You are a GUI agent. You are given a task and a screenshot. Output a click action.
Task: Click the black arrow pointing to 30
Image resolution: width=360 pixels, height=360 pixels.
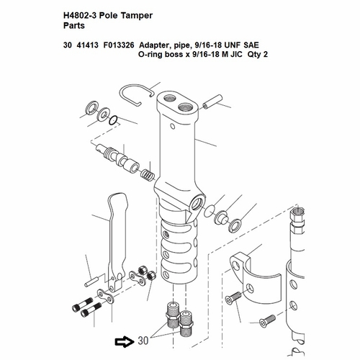pos(125,341)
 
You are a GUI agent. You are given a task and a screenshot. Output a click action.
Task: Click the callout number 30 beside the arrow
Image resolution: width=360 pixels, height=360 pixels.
pos(143,341)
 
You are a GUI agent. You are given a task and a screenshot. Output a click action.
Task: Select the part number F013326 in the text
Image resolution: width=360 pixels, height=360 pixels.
pos(119,45)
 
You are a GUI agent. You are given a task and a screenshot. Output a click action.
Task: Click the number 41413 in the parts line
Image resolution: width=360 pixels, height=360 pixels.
pos(87,45)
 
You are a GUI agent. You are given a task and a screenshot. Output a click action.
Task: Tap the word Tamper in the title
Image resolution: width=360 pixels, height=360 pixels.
pos(136,16)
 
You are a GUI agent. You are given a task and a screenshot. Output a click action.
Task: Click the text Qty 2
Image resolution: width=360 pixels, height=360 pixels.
pos(258,55)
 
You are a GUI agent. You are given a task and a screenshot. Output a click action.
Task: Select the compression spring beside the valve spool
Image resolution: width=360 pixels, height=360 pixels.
pos(148,175)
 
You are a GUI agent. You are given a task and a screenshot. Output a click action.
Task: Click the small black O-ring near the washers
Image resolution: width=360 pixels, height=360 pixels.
pos(113,120)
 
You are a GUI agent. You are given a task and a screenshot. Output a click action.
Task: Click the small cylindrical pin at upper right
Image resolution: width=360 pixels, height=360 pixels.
pos(212,102)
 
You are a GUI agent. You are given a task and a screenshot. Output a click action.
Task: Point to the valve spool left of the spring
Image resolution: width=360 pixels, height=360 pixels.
pos(118,158)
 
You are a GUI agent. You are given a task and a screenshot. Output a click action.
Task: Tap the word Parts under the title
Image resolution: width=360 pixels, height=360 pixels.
pos(74,26)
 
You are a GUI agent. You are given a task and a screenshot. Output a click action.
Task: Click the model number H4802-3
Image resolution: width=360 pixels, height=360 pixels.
pos(80,16)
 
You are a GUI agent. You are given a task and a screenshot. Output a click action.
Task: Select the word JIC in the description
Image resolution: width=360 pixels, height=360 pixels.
pos(235,55)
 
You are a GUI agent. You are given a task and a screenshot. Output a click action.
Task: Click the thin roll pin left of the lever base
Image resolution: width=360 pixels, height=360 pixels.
pos(91,282)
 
